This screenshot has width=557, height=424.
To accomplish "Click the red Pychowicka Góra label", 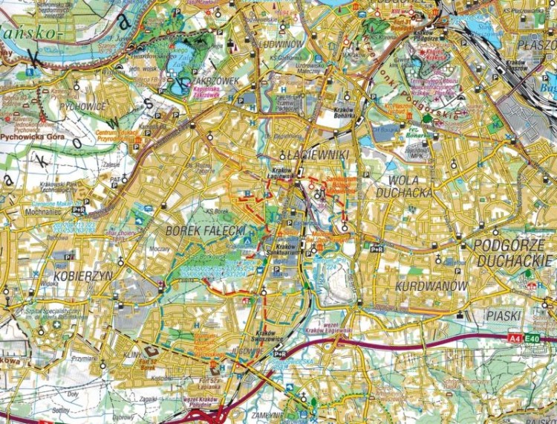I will click(33, 138).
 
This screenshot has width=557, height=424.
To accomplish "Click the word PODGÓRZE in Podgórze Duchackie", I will click(506, 245).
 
